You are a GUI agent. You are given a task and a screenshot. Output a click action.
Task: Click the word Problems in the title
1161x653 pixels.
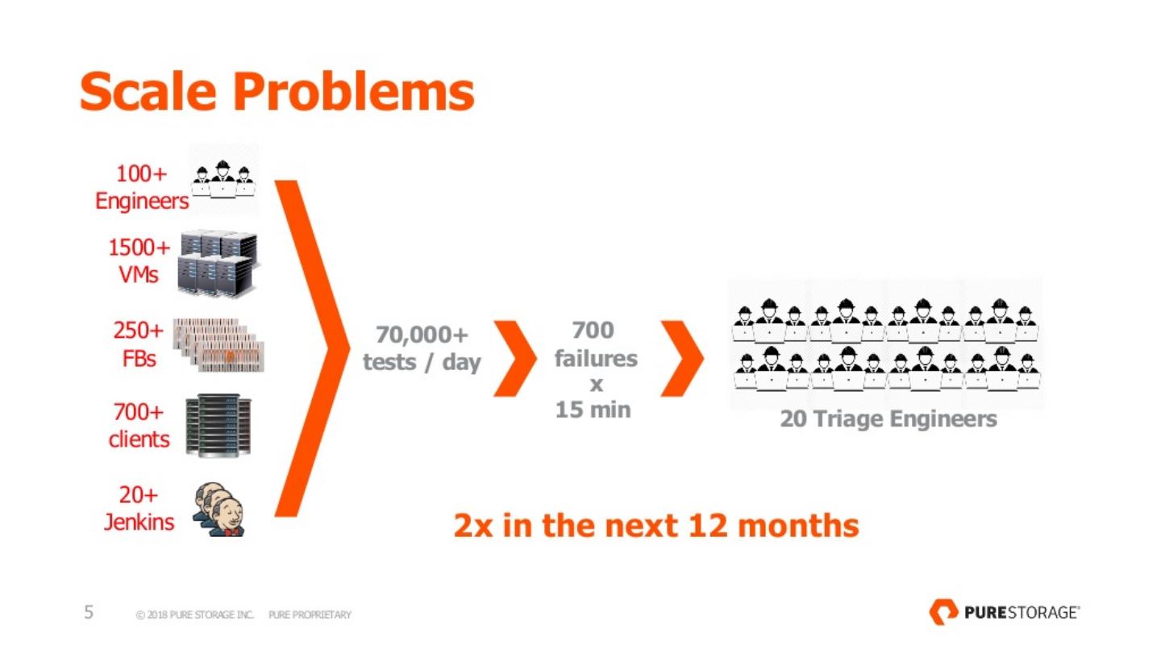click(354, 91)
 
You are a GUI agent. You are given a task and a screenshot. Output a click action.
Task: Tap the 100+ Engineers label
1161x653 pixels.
click(142, 187)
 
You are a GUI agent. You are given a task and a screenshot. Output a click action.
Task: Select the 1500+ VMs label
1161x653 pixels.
click(139, 260)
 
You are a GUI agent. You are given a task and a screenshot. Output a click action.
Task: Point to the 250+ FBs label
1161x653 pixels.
click(139, 344)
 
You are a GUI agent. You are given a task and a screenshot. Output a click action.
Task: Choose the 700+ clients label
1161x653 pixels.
click(139, 426)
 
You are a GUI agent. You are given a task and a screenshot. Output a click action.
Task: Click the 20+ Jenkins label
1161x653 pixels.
click(139, 509)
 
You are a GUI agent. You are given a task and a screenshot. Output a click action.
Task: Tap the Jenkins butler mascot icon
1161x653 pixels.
click(219, 510)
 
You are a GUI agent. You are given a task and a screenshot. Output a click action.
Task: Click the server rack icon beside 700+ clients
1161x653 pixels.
click(218, 426)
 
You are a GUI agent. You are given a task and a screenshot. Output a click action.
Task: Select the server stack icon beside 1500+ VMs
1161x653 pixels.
click(218, 264)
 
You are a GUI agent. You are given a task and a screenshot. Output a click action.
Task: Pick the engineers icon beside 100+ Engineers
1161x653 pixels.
click(223, 179)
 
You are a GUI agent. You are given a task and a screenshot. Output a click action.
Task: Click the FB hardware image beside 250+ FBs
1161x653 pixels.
click(218, 345)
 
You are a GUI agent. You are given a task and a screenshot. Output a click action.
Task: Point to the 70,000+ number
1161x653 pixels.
click(422, 335)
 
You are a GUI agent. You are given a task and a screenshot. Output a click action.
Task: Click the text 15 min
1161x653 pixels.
click(593, 410)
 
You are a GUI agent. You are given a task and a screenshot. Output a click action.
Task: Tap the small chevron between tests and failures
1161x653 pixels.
click(515, 359)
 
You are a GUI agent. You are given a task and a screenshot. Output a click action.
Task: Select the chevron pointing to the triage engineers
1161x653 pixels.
click(682, 359)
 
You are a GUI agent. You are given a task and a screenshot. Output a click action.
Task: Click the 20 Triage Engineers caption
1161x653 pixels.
click(888, 419)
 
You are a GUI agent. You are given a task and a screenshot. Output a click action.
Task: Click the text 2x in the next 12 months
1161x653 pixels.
click(656, 526)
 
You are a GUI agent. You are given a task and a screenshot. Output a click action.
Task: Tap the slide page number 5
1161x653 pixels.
click(89, 612)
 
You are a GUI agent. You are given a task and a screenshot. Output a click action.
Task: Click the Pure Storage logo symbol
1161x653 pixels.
click(943, 612)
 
